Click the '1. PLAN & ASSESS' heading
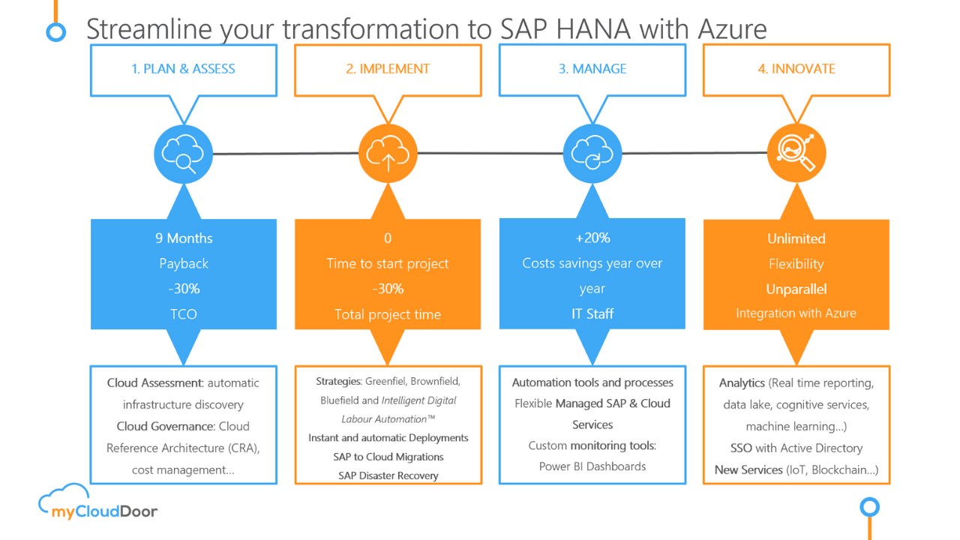coord(183,69)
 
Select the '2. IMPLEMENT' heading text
coord(388,69)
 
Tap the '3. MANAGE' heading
coord(592,69)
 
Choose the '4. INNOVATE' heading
coord(796,69)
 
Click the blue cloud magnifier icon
coord(183,154)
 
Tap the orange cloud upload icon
coord(388,154)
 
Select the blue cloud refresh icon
coord(592,154)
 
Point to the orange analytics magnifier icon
coord(796,154)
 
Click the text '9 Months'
coord(184,238)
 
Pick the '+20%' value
coord(592,238)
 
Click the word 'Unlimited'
coord(796,238)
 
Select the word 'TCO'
coord(184,314)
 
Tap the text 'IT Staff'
coord(592,314)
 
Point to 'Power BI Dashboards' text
coord(592,466)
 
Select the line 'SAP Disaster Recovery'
coord(388,475)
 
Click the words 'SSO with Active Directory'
coord(796,448)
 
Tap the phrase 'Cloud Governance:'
coord(166,427)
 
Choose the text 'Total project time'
coord(388,314)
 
